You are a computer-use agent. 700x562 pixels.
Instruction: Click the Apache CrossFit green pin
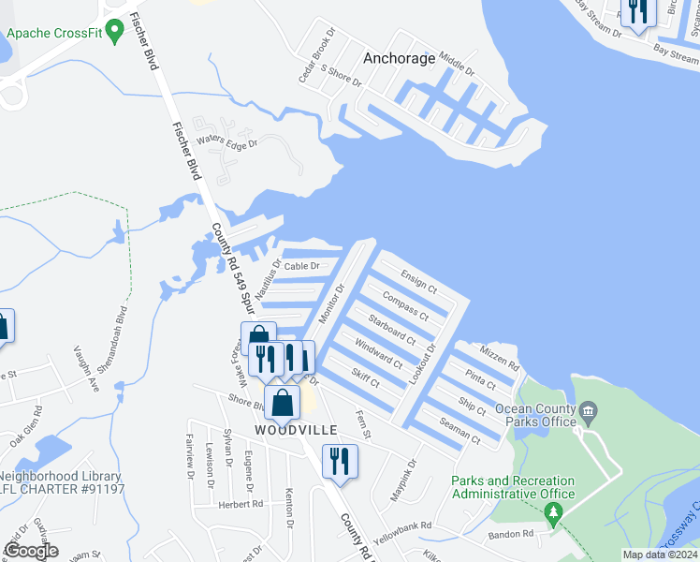click(115, 33)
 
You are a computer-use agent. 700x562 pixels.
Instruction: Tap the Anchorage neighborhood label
click(400, 58)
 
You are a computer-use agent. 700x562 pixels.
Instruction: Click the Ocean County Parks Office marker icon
click(588, 409)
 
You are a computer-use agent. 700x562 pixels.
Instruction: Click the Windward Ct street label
click(377, 353)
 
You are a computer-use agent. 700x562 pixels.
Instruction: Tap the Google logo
click(31, 551)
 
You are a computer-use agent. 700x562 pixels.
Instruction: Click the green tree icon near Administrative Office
click(553, 511)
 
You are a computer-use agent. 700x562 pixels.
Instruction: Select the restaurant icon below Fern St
click(339, 460)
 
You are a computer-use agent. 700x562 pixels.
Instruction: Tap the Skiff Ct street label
click(365, 377)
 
